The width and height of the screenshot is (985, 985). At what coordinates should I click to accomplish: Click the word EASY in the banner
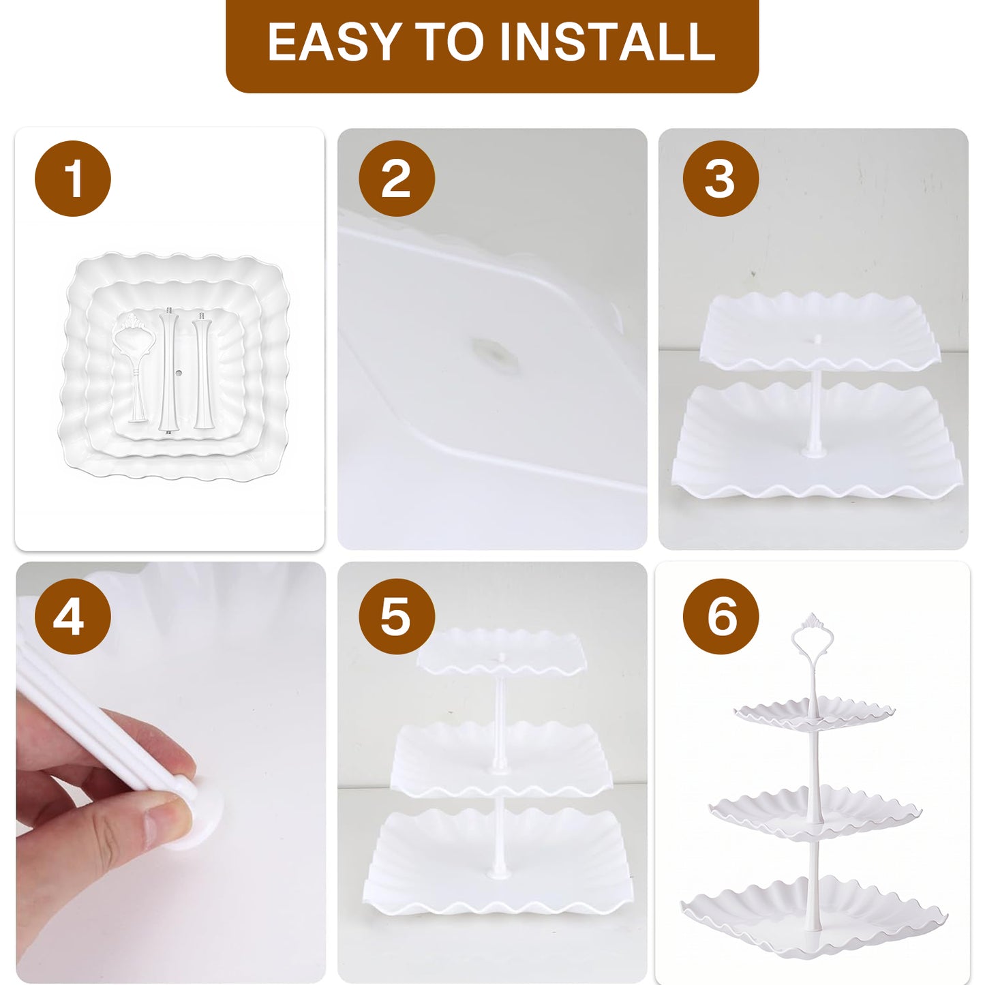333,42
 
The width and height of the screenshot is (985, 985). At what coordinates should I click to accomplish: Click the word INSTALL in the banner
607,42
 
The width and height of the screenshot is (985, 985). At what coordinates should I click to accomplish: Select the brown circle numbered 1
72,179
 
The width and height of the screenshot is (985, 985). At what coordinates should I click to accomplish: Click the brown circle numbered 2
397,179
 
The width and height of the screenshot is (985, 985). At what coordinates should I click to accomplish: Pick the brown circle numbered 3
721,179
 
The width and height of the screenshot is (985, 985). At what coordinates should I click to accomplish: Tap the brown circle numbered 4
72,616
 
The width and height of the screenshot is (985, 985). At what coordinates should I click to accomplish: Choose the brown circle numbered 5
397,616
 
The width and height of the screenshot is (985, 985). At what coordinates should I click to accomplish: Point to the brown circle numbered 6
721,616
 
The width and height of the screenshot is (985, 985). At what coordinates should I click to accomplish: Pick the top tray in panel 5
501,652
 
